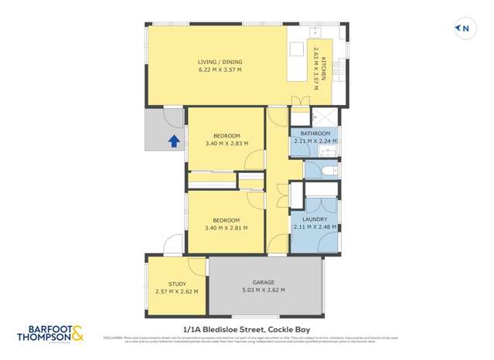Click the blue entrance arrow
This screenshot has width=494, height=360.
[174, 141]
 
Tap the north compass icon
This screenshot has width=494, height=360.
[463, 29]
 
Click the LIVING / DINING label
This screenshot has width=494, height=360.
[219, 61]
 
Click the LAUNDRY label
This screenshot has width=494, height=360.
[314, 219]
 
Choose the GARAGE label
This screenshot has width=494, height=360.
[264, 282]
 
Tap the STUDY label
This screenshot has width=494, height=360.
[176, 283]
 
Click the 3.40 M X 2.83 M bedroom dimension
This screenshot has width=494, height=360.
[227, 144]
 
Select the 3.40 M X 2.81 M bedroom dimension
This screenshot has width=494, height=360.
[227, 228]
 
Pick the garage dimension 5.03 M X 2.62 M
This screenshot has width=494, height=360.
[264, 290]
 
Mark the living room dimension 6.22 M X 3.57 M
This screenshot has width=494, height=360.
[219, 70]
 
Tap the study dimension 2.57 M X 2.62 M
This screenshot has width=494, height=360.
[176, 291]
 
